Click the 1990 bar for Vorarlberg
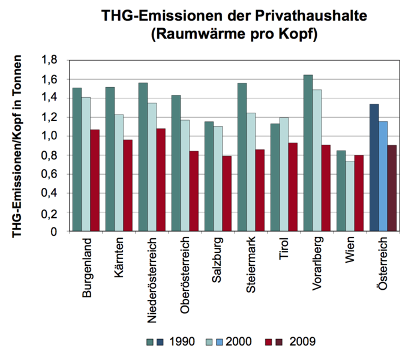308,153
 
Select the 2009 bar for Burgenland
94,180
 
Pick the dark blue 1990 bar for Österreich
374,167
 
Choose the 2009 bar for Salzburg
227,193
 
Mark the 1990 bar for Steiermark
242,157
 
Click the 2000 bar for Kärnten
118,172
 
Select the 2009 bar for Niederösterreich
160,179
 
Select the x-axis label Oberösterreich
185,273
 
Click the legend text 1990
182,342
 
